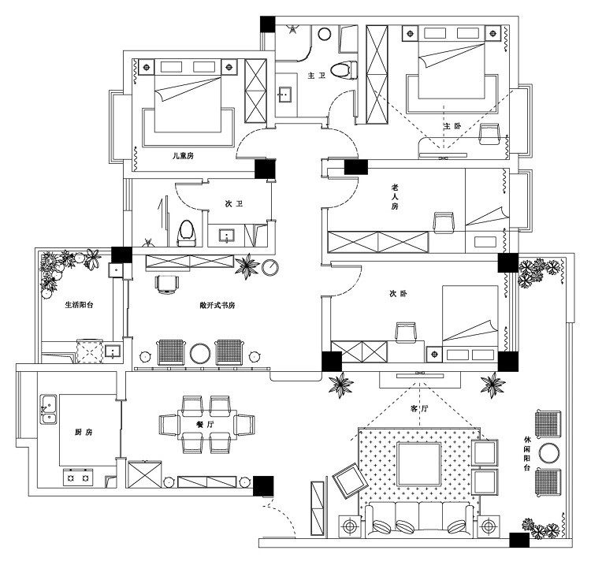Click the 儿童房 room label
[183, 156]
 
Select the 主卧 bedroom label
[452, 127]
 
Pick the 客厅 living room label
[418, 410]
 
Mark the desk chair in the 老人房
[444, 223]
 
